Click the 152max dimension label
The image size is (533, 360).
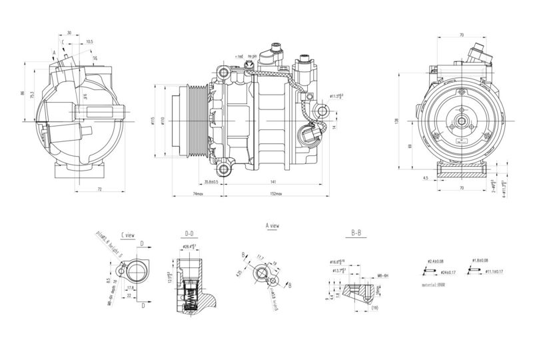[x=275, y=193]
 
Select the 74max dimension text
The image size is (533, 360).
[x=198, y=193]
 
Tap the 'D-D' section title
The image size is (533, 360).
[x=190, y=234]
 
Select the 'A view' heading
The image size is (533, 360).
[x=272, y=225]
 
